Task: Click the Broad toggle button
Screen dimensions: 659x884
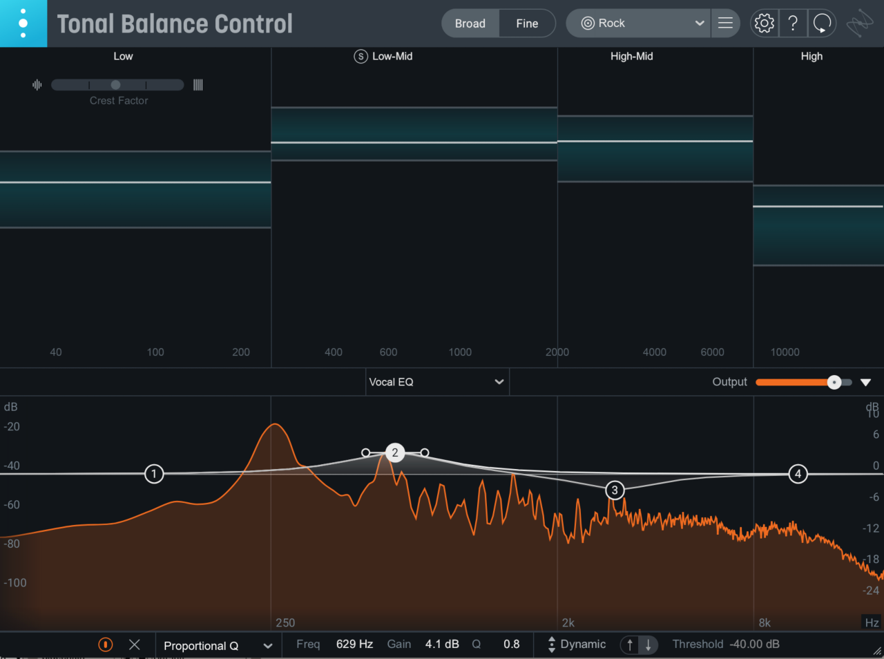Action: (x=470, y=23)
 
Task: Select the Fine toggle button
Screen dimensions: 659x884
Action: (x=527, y=23)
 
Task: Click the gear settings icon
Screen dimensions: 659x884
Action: (x=765, y=23)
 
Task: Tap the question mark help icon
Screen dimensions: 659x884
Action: (x=793, y=23)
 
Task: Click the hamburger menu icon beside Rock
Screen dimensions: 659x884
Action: (x=725, y=23)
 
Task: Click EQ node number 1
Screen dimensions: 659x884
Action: (x=154, y=474)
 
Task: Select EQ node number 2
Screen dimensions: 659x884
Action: (x=395, y=453)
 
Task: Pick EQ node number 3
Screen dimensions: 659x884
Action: (x=615, y=490)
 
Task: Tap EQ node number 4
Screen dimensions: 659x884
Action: (x=798, y=474)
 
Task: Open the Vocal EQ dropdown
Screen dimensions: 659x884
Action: (x=437, y=382)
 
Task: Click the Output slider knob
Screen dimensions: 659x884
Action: (x=834, y=382)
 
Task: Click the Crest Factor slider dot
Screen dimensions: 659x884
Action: (x=115, y=85)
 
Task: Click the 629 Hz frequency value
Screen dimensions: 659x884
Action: (x=354, y=644)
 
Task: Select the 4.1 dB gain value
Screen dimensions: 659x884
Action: (x=442, y=644)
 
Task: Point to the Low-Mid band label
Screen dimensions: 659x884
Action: (x=392, y=57)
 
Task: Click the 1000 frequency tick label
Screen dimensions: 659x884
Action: (x=460, y=352)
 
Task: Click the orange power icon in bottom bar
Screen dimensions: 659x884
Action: (x=106, y=644)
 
